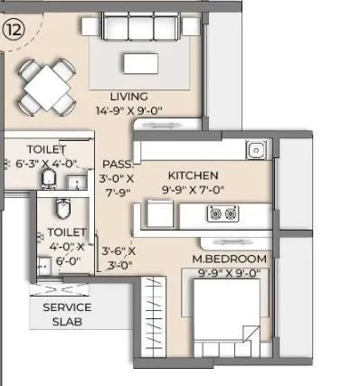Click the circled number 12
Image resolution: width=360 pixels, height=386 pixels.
click(x=13, y=29)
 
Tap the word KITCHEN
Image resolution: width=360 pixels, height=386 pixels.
click(x=193, y=174)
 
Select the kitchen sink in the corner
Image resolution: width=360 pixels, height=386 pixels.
click(x=256, y=150)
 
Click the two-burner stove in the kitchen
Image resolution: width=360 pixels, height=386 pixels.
click(x=220, y=214)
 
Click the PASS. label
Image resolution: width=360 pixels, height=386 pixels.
click(x=117, y=165)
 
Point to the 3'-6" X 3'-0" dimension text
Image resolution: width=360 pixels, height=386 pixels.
click(x=118, y=258)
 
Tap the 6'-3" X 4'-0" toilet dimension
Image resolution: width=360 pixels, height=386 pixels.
click(x=46, y=164)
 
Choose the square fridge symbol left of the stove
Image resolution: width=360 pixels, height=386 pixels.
click(x=160, y=214)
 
